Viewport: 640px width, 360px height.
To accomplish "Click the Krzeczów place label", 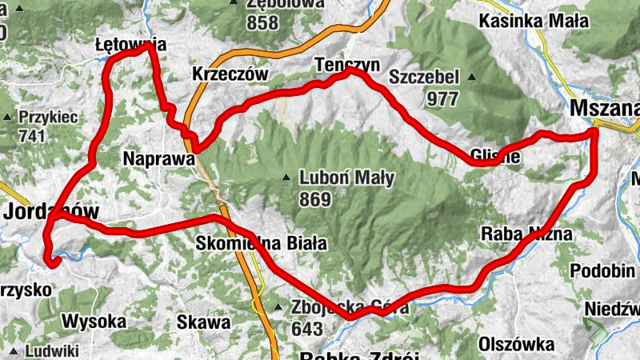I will tap(229, 74).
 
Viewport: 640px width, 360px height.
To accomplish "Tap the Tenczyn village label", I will tap(346, 64).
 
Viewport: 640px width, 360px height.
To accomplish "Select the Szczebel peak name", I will tap(424, 78).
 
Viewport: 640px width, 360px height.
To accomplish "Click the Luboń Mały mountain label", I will tap(346, 178).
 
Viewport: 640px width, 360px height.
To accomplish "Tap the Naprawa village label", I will tap(159, 159).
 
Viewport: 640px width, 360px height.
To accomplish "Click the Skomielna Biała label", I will tap(261, 243).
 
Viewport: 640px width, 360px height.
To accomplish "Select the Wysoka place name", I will tap(94, 322).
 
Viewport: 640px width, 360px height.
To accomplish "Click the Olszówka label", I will tap(517, 344).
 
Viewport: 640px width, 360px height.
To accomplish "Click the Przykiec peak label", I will tap(49, 118).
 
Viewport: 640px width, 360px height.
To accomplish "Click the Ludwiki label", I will tap(52, 350).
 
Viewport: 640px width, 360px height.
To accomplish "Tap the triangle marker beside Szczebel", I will tap(472, 78).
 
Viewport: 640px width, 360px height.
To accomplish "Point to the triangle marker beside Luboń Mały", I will tap(286, 178).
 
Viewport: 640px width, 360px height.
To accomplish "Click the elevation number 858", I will tap(262, 22).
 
